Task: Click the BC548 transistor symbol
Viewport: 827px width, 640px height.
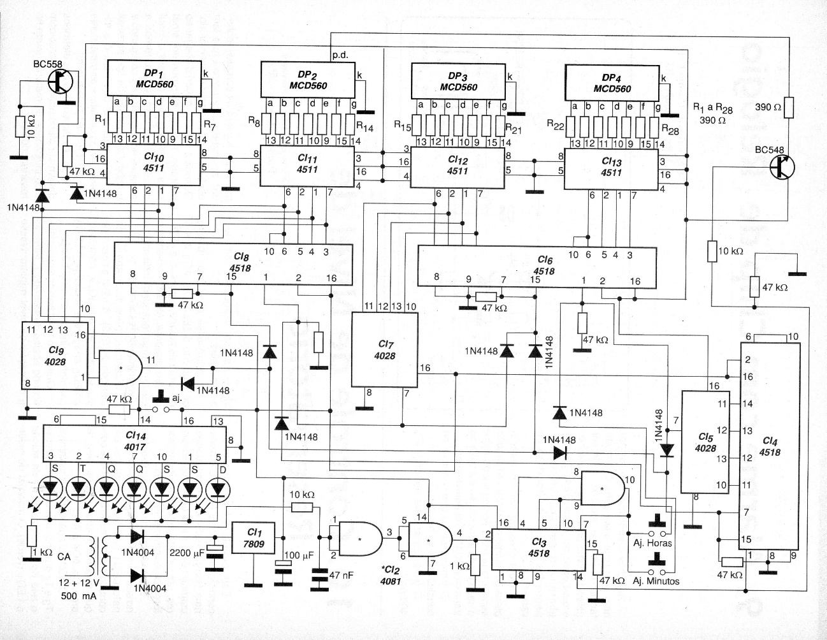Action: pyautogui.click(x=780, y=167)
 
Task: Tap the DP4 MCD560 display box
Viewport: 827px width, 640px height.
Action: pyautogui.click(x=612, y=82)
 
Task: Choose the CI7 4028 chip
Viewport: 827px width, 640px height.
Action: pyautogui.click(x=385, y=349)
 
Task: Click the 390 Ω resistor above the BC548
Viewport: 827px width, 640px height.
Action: pyautogui.click(x=788, y=106)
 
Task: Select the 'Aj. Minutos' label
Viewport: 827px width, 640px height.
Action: pyautogui.click(x=655, y=581)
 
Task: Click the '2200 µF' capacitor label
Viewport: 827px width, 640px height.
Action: pyautogui.click(x=187, y=553)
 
